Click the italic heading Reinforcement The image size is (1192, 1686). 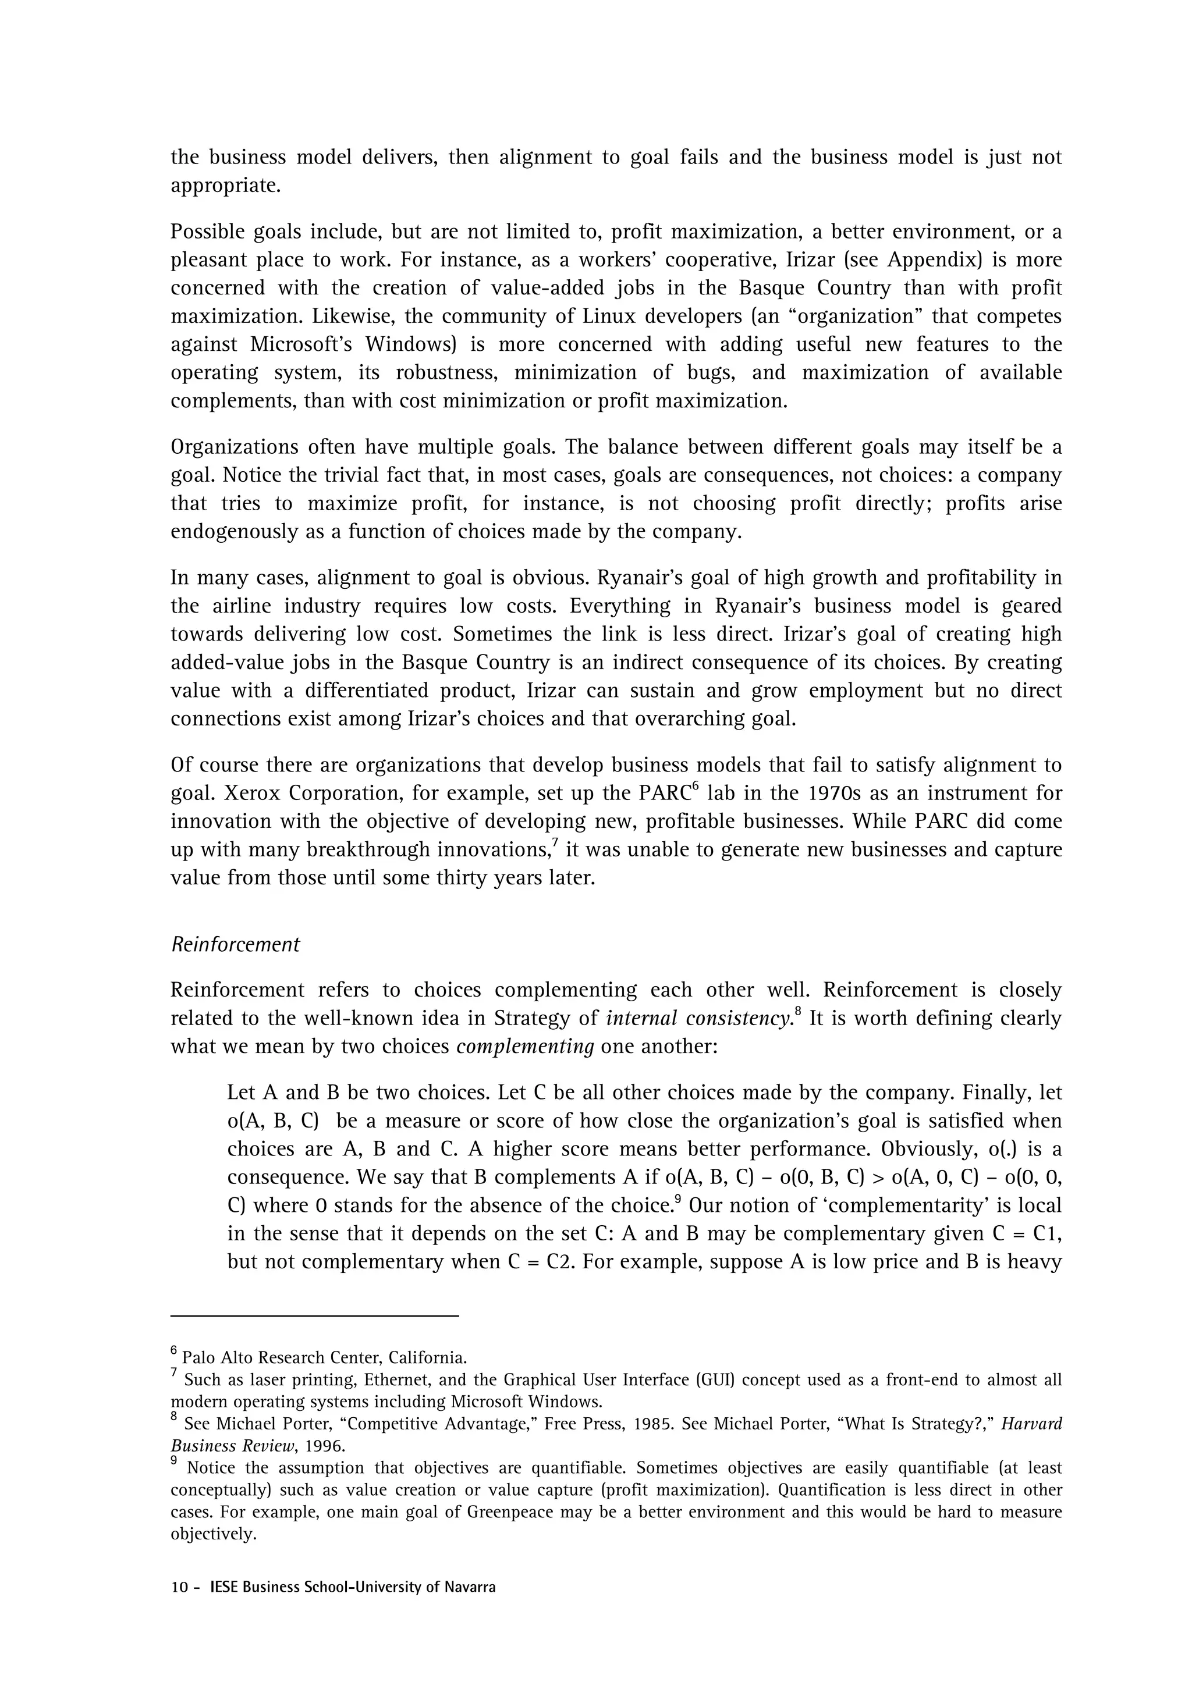click(x=235, y=944)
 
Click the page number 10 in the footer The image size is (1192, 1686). click(x=179, y=1588)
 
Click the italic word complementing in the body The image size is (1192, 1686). click(x=525, y=1047)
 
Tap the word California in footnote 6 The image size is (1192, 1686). click(x=427, y=1358)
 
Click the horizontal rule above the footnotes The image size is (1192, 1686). click(x=314, y=1317)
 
